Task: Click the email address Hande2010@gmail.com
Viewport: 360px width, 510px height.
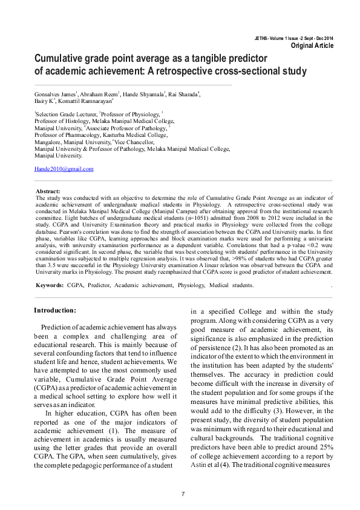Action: coord(64,169)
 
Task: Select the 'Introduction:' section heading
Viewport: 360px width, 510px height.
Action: coord(55,310)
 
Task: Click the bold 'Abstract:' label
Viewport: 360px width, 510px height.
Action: coord(48,191)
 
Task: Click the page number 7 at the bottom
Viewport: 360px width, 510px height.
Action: coord(183,494)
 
